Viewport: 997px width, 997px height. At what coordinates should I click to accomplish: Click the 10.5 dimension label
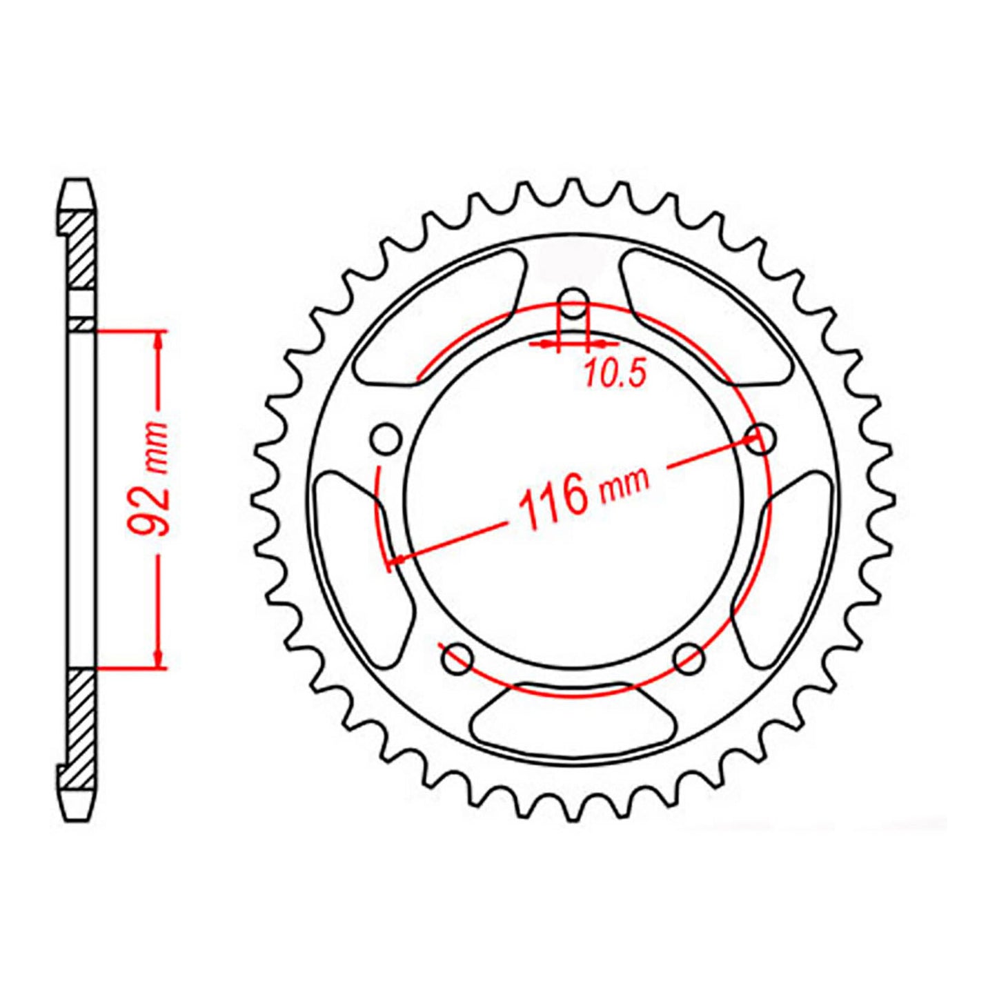615,374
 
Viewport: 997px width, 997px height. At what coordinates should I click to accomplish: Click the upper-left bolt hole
386,438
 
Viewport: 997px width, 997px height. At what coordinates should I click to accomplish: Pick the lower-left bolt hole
457,658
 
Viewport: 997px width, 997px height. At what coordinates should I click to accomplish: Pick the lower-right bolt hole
689,658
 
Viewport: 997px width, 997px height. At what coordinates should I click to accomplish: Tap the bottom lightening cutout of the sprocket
573,721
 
